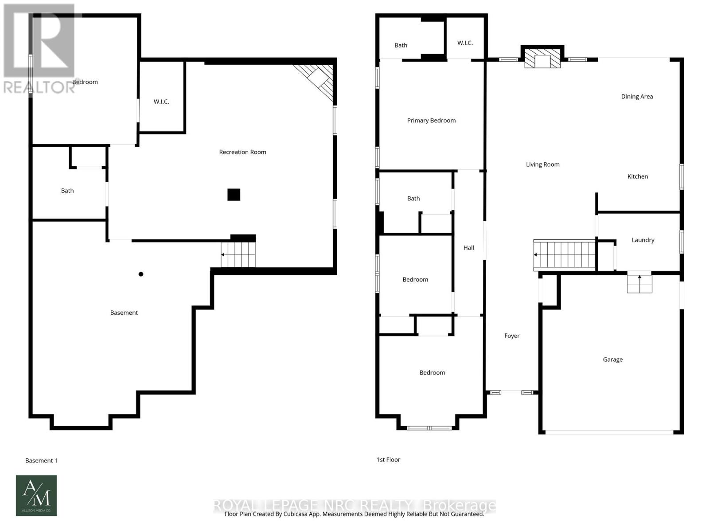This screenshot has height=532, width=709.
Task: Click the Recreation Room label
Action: coord(242,152)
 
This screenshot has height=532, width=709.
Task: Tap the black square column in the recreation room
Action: coord(234,195)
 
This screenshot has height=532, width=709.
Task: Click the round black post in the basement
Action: coord(141,274)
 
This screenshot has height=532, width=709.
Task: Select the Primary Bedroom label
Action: coord(431,121)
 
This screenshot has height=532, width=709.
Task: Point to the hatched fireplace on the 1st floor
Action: coord(542,59)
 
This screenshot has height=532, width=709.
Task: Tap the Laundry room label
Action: coord(643,240)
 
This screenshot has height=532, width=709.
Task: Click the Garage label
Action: coord(612,360)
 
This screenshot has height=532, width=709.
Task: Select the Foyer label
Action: coord(512,336)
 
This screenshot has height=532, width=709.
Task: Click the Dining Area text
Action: coord(637,97)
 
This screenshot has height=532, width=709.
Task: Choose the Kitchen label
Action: coord(638,176)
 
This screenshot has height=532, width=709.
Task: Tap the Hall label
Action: coord(469,248)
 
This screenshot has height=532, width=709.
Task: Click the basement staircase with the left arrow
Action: coord(238,255)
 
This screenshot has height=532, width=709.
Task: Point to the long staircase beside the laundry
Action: coord(564,255)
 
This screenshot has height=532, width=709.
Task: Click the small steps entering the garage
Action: coord(639,283)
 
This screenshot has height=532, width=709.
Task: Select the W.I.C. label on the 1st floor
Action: coord(465,43)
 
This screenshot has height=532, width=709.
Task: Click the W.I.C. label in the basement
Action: coord(161,102)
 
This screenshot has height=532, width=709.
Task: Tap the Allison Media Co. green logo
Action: coord(36,496)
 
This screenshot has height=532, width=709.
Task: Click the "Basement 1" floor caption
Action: coord(41,461)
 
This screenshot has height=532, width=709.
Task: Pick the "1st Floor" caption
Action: coord(388,460)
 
